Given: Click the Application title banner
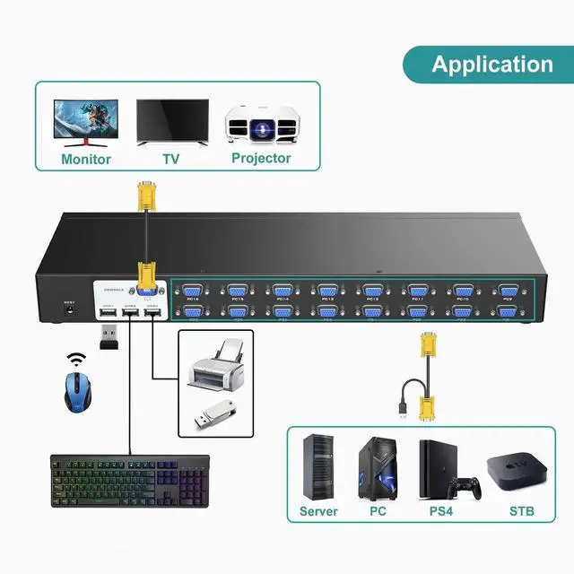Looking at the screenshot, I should point(491,64).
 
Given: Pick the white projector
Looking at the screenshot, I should point(261,124).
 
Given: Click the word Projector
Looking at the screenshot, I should point(261,158).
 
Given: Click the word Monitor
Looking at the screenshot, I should point(86,160).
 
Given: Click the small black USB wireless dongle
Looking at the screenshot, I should point(108,338).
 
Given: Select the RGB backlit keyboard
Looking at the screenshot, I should point(129,485).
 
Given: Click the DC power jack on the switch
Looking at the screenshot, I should point(67,312).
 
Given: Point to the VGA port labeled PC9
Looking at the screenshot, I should point(509,291).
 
